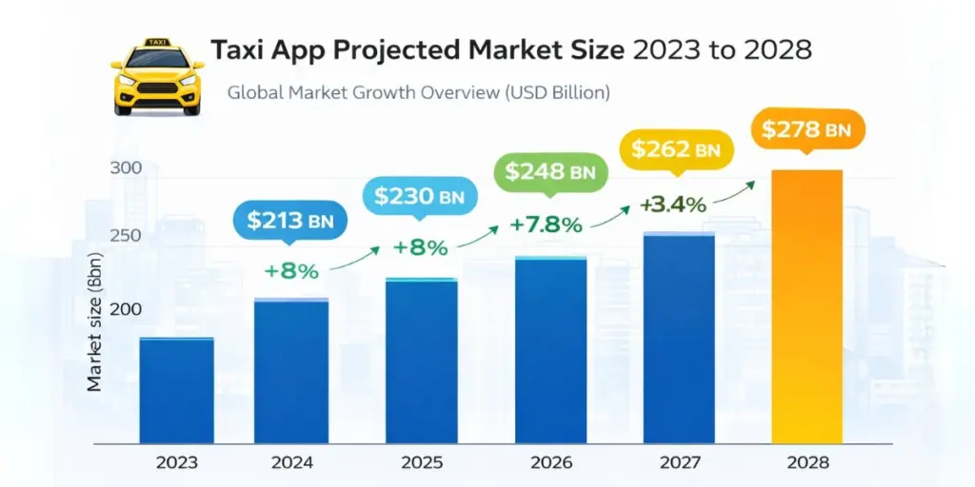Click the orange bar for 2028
(806, 306)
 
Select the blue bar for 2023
(177, 390)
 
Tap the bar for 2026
(551, 349)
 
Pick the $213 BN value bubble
(289, 222)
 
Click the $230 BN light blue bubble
(419, 197)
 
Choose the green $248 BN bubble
(549, 172)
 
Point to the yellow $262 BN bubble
(677, 149)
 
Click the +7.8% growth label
(546, 225)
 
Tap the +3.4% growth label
(672, 205)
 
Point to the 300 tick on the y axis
(128, 168)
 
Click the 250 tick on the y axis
(128, 236)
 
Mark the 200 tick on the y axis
(128, 309)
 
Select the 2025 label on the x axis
(421, 463)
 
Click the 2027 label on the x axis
(678, 463)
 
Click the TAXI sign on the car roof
(157, 43)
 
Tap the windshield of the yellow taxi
(157, 60)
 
